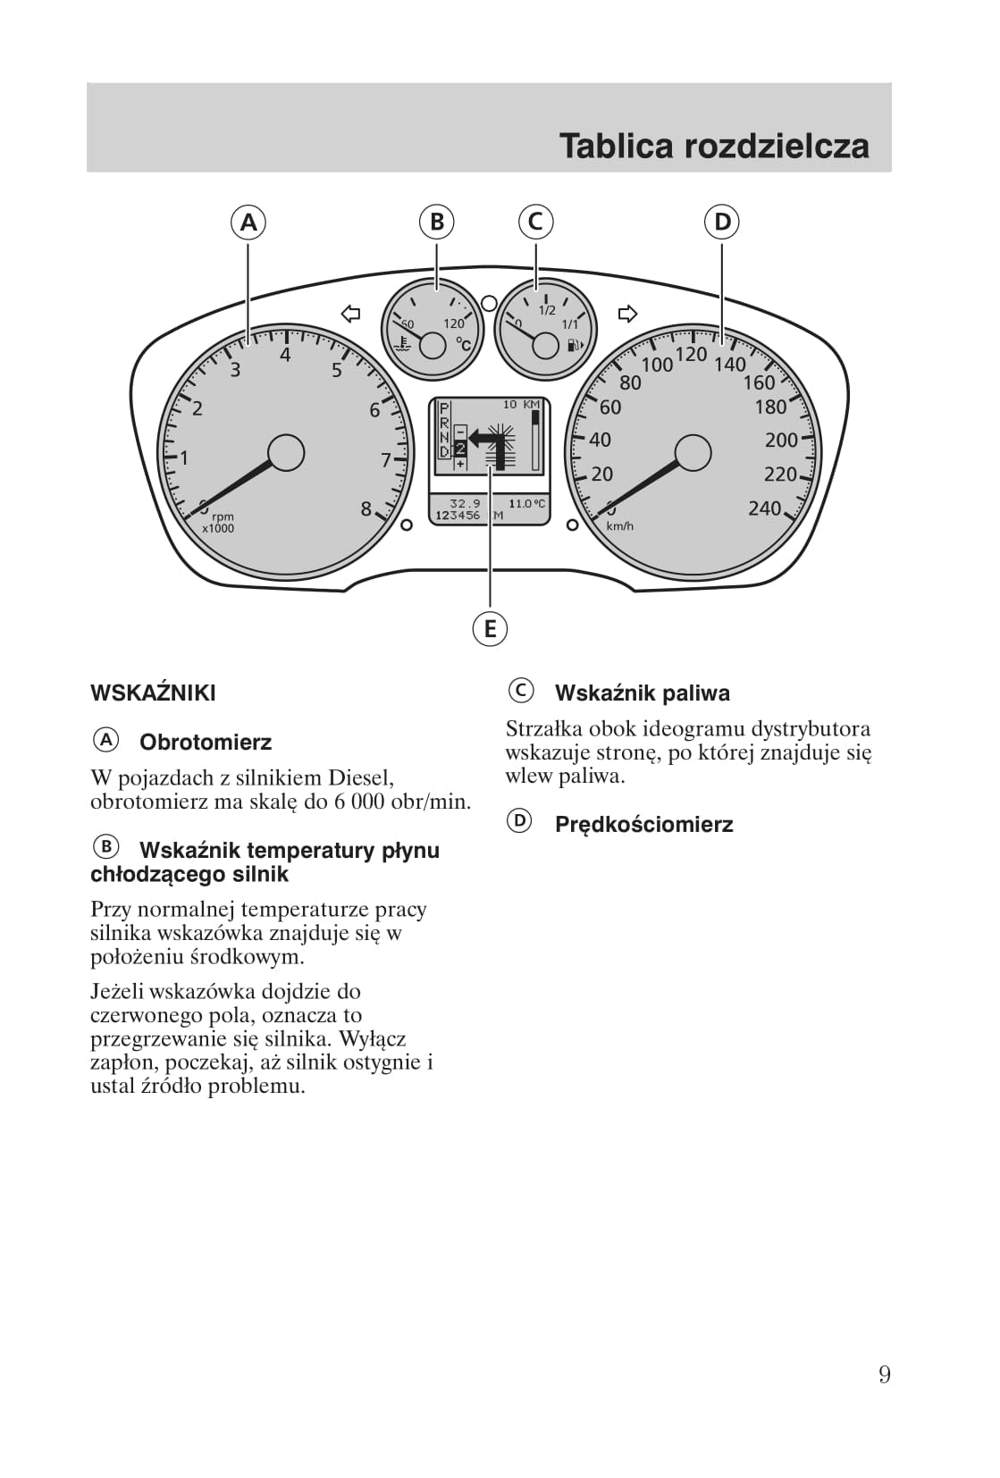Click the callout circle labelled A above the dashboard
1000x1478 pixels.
pos(248,222)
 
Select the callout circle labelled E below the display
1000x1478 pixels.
pos(490,629)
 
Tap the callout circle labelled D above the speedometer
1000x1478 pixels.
pos(722,222)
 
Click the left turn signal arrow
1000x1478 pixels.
pos(351,314)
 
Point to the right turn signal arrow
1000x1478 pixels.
pos(628,314)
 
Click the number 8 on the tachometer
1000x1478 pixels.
pos(366,509)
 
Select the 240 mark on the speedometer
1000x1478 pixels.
pos(764,508)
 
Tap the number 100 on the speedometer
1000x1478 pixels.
pos(657,365)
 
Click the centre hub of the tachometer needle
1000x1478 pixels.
pos(286,453)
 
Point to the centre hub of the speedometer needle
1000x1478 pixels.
pos(693,453)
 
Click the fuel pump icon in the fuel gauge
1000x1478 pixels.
pos(574,345)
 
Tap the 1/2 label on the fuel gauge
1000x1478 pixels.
pos(547,310)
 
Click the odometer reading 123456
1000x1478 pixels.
pos(458,516)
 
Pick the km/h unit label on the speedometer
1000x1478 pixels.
pos(619,526)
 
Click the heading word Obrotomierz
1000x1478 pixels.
pos(206,743)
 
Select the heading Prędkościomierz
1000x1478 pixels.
pos(643,825)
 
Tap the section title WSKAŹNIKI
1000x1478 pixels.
pos(153,693)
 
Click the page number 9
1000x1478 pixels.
pos(884,1374)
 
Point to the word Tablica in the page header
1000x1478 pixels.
pos(617,146)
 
